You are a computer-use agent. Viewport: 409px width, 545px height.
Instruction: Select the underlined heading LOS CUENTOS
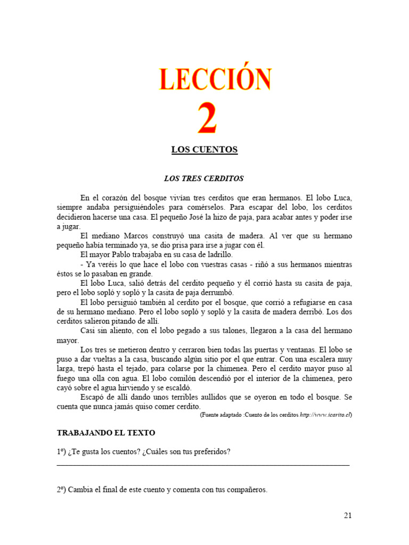pyautogui.click(x=204, y=150)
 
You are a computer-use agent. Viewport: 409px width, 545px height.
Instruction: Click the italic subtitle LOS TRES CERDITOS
pyautogui.click(x=203, y=178)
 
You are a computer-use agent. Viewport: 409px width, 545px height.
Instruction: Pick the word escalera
pyautogui.click(x=318, y=359)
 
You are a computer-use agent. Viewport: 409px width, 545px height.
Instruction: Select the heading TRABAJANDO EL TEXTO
pyautogui.click(x=106, y=433)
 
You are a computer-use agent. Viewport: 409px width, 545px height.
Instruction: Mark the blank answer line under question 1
pyautogui.click(x=203, y=465)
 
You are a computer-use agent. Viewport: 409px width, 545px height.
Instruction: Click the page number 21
pyautogui.click(x=348, y=515)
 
